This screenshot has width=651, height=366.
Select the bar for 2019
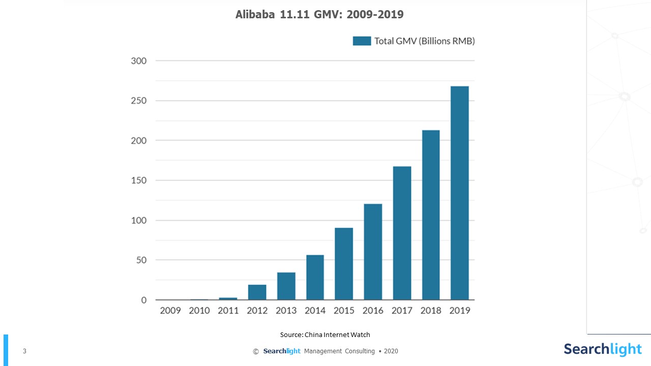coord(460,193)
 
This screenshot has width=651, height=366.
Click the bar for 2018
coord(431,215)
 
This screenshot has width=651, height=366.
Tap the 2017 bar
coord(402,233)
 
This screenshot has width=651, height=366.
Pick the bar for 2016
coord(373,252)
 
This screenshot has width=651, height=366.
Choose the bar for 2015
coord(344,264)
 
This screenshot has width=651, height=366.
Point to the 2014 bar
coord(315,278)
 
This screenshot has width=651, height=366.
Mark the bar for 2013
coord(286,286)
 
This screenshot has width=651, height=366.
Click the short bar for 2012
coord(257,292)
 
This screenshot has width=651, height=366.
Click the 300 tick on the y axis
coord(138,61)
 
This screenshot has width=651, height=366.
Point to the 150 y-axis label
coord(138,180)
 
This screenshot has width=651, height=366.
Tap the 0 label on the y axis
coord(143,300)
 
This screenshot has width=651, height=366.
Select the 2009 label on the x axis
coord(170,311)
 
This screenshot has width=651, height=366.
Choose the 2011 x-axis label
coord(228,311)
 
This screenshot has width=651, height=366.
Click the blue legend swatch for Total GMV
coord(362,41)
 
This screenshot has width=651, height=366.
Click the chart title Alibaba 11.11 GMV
coord(319,14)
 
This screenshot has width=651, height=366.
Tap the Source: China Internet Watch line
coord(325,334)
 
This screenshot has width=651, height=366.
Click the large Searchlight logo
coord(603,350)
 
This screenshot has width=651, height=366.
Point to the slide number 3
coord(24,351)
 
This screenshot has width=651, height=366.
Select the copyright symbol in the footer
coord(256,351)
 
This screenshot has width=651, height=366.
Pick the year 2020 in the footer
coord(391,351)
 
